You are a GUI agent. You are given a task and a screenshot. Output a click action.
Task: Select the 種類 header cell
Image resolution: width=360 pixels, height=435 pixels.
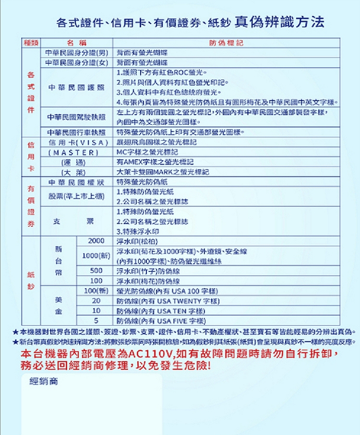point(31,44)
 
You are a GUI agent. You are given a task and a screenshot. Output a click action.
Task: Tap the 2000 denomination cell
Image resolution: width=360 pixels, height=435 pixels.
point(96,240)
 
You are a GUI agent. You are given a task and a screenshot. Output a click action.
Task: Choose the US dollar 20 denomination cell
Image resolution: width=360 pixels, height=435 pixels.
point(96,301)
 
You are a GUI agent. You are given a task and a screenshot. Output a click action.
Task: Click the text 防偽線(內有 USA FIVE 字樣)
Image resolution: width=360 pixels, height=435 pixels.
point(161,321)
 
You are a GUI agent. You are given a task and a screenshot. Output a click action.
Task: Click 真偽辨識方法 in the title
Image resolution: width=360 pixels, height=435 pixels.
point(279,22)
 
